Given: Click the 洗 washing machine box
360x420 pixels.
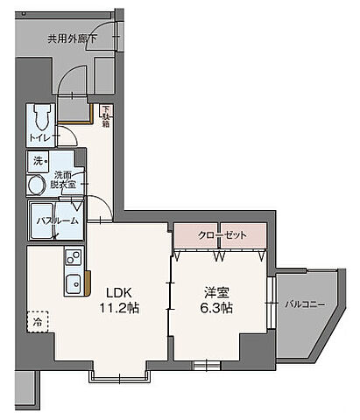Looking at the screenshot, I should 39,161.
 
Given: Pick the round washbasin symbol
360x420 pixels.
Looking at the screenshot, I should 37,185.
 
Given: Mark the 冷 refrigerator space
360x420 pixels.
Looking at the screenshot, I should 39,321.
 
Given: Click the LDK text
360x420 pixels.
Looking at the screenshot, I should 119,292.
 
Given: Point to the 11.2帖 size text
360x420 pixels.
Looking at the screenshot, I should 121,309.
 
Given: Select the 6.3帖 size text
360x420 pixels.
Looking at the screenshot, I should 215,309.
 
